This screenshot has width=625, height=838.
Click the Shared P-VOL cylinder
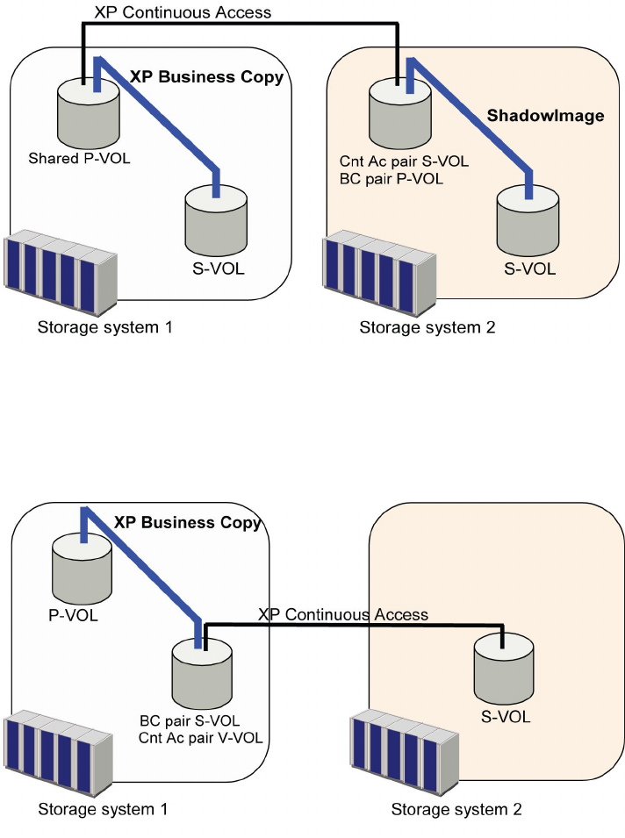[82, 116]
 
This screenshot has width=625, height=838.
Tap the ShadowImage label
[545, 116]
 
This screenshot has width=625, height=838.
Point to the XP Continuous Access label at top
[183, 12]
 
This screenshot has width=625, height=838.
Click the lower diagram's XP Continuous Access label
[343, 614]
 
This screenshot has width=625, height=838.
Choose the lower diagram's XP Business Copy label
[188, 522]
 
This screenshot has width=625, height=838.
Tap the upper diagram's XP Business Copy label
[206, 76]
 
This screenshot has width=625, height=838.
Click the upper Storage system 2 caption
[427, 328]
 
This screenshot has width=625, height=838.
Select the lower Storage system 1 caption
[103, 808]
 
